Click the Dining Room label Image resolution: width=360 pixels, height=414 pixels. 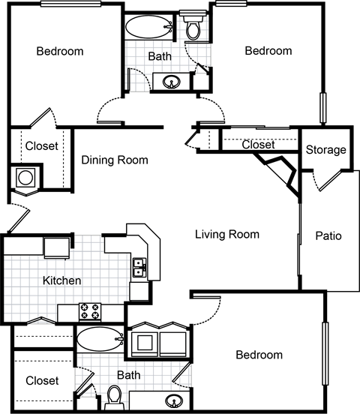point(115,160)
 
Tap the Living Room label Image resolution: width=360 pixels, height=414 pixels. point(227,235)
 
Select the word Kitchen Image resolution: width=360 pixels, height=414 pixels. point(61,280)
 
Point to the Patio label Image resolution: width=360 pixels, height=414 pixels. point(328,235)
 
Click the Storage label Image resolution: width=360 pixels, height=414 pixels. point(325,150)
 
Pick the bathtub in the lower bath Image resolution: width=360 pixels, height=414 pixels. point(100,339)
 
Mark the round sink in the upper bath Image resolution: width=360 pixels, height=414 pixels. point(167,81)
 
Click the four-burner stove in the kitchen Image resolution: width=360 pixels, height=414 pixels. point(91,309)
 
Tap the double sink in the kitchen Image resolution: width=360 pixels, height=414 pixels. point(139,267)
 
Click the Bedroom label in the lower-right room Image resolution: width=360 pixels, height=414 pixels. point(259,355)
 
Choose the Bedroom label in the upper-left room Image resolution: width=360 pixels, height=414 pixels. point(60,51)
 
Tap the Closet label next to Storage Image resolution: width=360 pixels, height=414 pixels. point(259,145)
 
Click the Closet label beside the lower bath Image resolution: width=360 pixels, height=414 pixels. point(42,381)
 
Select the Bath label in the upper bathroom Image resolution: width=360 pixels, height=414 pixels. point(160,55)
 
